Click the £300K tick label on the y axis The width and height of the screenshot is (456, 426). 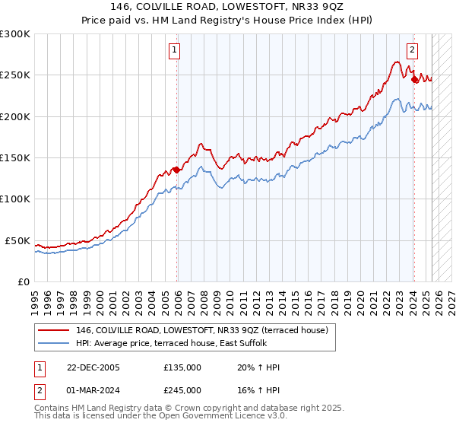[x=15, y=34]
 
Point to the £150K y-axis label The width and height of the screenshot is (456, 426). [x=15, y=158]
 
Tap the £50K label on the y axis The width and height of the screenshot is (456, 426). [x=18, y=240]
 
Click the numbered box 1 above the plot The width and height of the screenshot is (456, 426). [x=175, y=51]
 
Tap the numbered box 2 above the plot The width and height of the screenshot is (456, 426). [x=412, y=51]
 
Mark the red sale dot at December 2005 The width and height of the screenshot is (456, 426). [x=176, y=170]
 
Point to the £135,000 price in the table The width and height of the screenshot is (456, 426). [x=182, y=367]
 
